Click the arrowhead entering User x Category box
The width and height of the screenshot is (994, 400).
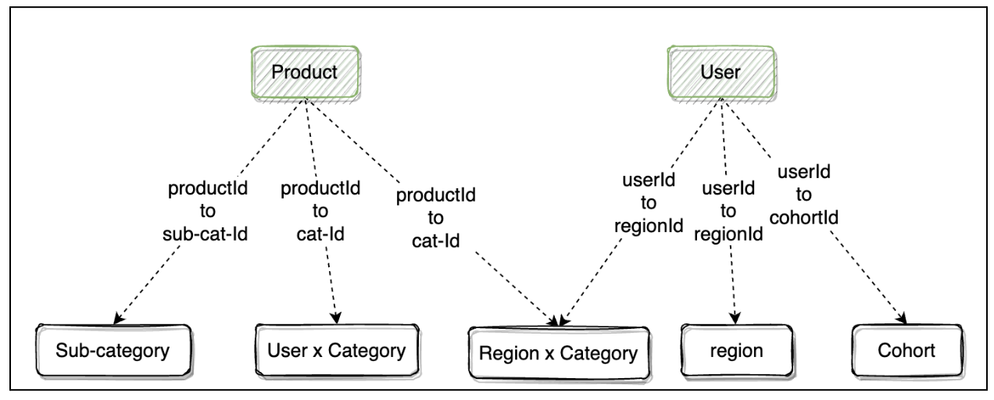[x=336, y=319]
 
